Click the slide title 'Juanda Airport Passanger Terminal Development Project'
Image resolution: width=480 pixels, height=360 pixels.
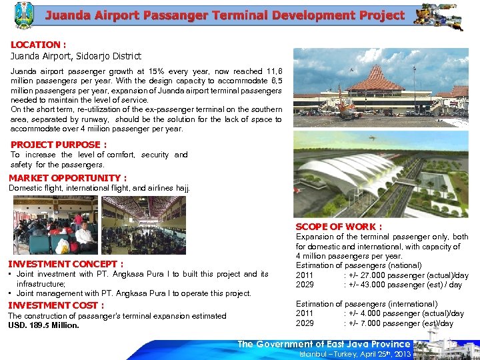pos(225,15)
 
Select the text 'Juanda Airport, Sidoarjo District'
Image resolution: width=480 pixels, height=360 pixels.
pos(75,56)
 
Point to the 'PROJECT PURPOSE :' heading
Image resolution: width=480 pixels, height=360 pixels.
pos(58,144)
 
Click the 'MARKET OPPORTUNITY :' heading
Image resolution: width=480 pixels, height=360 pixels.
pos(67,178)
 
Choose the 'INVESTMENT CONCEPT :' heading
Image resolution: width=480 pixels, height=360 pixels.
pos(65,264)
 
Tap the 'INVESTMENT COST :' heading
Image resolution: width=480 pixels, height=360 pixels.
pos(56,305)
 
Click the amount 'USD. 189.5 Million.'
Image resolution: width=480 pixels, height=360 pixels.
pos(43,325)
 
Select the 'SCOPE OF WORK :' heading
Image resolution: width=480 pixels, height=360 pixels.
pos(338,227)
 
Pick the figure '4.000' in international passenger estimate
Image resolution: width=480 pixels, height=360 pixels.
pos(370,313)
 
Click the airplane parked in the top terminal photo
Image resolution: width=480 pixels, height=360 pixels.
pos(344,107)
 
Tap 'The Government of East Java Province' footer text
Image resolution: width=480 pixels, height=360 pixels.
pos(324,344)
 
